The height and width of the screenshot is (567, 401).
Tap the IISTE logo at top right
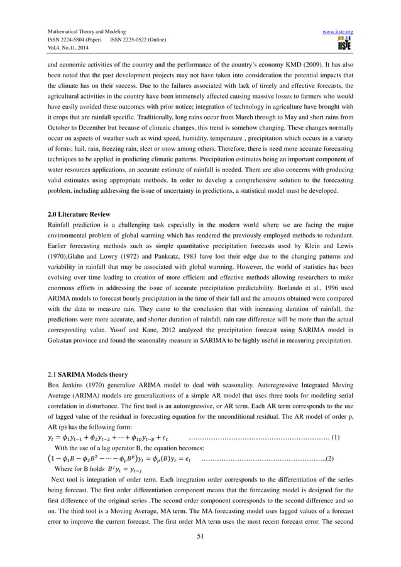pyautogui.click(x=344, y=44)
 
